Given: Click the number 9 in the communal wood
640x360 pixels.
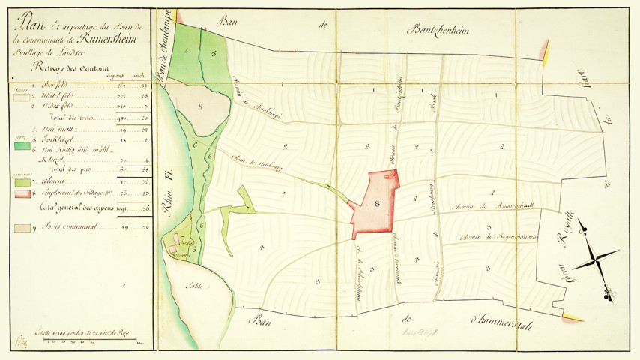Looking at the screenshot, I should pyautogui.click(x=202, y=106).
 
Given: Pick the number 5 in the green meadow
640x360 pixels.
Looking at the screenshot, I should pyautogui.click(x=213, y=54).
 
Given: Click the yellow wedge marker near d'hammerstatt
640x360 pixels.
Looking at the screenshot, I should pyautogui.click(x=573, y=318).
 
